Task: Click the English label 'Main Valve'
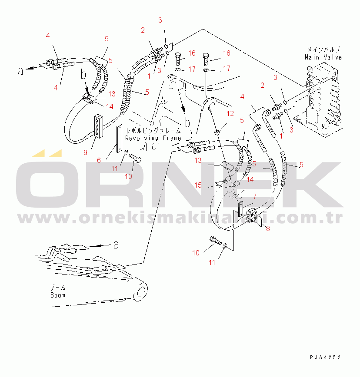323,57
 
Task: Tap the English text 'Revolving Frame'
153,138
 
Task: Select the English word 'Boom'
58,295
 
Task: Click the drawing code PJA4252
325,357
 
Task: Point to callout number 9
85,152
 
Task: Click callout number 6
99,160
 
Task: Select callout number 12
230,113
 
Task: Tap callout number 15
198,185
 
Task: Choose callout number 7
255,196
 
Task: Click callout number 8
268,228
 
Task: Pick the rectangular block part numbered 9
99,126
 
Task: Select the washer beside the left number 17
177,70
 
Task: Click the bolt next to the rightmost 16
206,59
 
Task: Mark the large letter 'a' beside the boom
116,245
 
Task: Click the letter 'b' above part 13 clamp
83,75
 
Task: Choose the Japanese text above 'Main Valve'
323,50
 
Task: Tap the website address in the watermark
180,218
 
